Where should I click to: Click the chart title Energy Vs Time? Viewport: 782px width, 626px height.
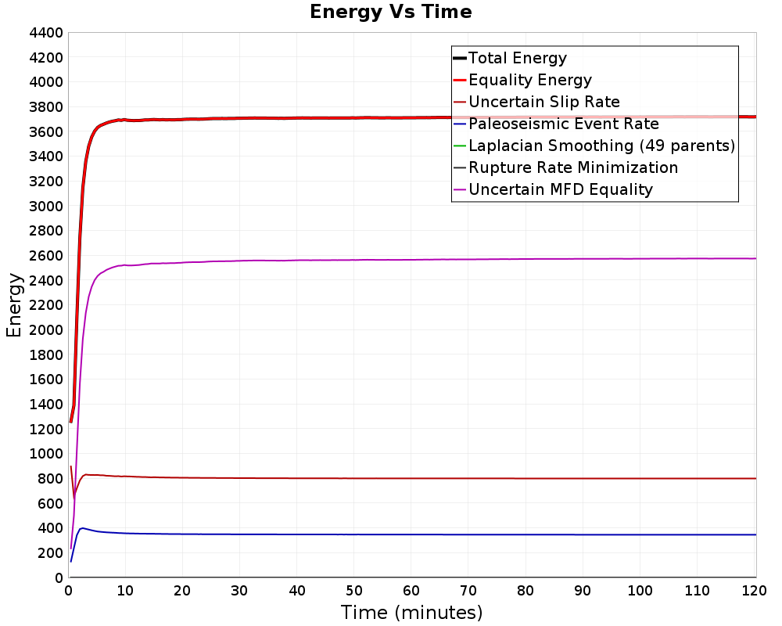pos(391,12)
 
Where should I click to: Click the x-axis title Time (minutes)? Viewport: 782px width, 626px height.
pos(411,612)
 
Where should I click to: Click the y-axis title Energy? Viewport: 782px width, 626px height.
pos(13,304)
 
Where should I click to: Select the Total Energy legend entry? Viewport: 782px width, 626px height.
pos(517,58)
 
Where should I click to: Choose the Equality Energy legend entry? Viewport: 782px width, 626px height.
pos(529,80)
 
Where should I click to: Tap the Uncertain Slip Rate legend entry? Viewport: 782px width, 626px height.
pos(543,102)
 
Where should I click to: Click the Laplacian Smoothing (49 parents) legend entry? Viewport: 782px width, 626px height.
pos(601,146)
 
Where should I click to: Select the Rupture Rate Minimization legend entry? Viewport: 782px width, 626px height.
pos(573,167)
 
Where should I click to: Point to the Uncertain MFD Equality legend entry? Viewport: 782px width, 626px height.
pos(560,189)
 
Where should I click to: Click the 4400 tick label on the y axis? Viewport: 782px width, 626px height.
pos(45,33)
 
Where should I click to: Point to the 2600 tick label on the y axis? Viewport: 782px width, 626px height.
pos(45,256)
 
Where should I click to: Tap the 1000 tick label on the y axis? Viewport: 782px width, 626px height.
pos(45,454)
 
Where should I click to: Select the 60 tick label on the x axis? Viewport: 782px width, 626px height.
pos(411,592)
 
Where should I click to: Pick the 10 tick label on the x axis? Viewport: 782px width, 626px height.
pos(126,592)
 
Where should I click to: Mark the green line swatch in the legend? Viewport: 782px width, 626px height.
pos(459,146)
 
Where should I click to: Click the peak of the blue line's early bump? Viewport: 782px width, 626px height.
pos(82,528)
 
